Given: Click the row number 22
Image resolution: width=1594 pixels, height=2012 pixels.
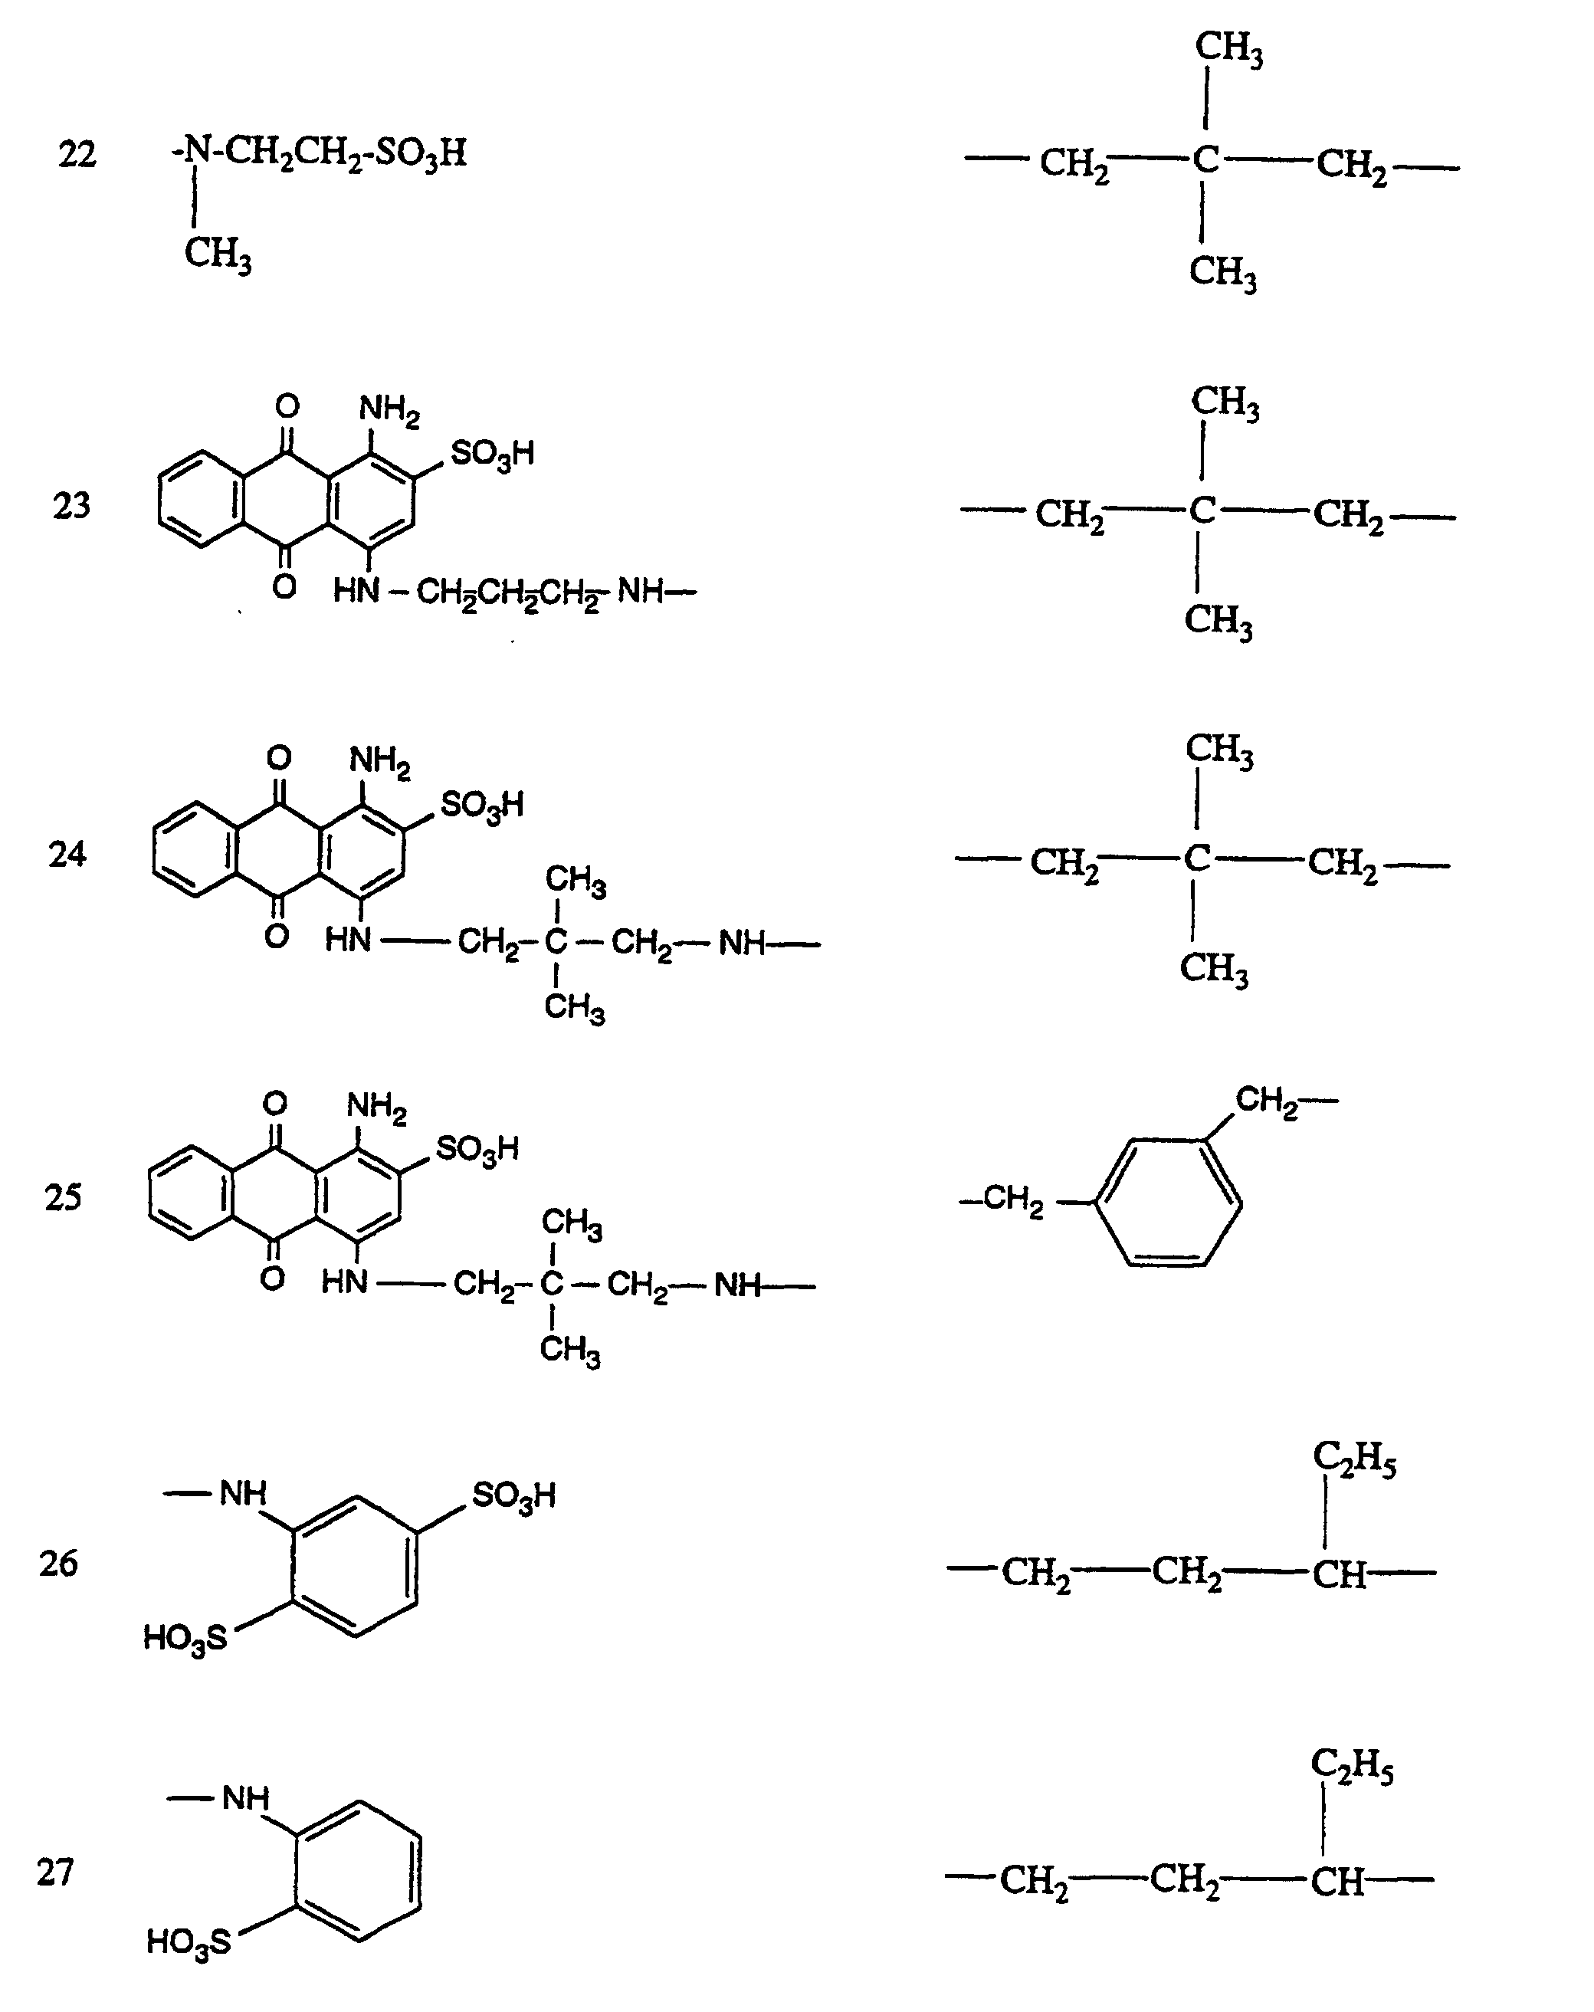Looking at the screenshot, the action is pos(77,154).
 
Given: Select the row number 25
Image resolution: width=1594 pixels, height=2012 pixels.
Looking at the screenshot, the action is pos(64,1196).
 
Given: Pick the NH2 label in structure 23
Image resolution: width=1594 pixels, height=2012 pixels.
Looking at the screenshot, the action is pos(389,409).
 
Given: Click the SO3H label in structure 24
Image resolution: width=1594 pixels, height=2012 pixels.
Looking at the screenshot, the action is pos(481,805).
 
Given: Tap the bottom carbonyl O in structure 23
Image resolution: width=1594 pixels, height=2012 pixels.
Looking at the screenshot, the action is pos(284,587).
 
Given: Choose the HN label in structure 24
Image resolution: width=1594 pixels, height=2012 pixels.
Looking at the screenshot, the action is pos(348,940).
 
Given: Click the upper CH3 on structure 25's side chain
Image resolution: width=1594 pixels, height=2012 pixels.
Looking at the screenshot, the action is pos(571,1223).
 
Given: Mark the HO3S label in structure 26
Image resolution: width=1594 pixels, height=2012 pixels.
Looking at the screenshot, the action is pos(185,1638).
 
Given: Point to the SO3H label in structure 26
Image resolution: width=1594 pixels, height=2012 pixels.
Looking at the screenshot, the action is pos(513,1496).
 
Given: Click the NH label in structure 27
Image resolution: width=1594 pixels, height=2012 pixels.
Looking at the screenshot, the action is pos(245,1798).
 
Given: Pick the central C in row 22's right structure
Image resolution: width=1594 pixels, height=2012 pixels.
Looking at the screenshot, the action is pos(1205,160).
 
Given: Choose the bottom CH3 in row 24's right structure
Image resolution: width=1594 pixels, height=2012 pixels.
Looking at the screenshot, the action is pos(1213,969).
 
